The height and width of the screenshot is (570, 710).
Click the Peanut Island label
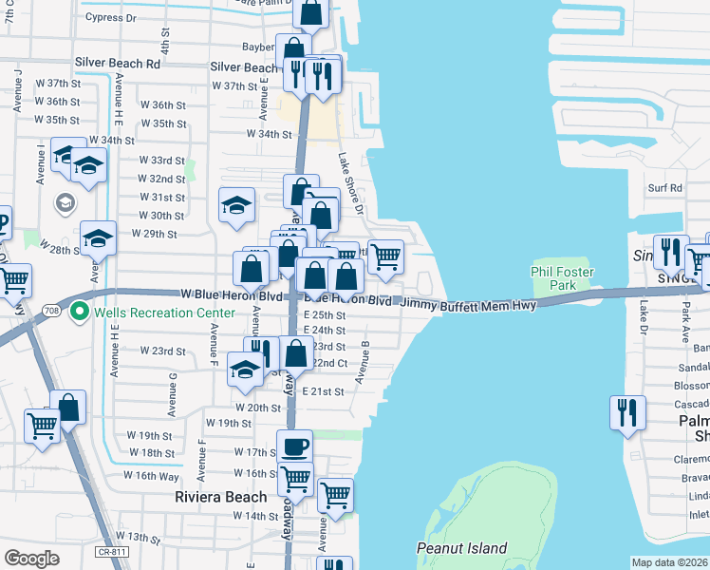(x=461, y=548)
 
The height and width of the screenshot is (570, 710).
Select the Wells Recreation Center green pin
(x=80, y=312)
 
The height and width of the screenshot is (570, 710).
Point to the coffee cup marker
(x=293, y=445)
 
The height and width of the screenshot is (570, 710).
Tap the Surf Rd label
(x=664, y=188)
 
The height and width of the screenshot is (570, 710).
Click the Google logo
(x=31, y=559)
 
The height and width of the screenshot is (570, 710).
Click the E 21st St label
(x=323, y=391)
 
